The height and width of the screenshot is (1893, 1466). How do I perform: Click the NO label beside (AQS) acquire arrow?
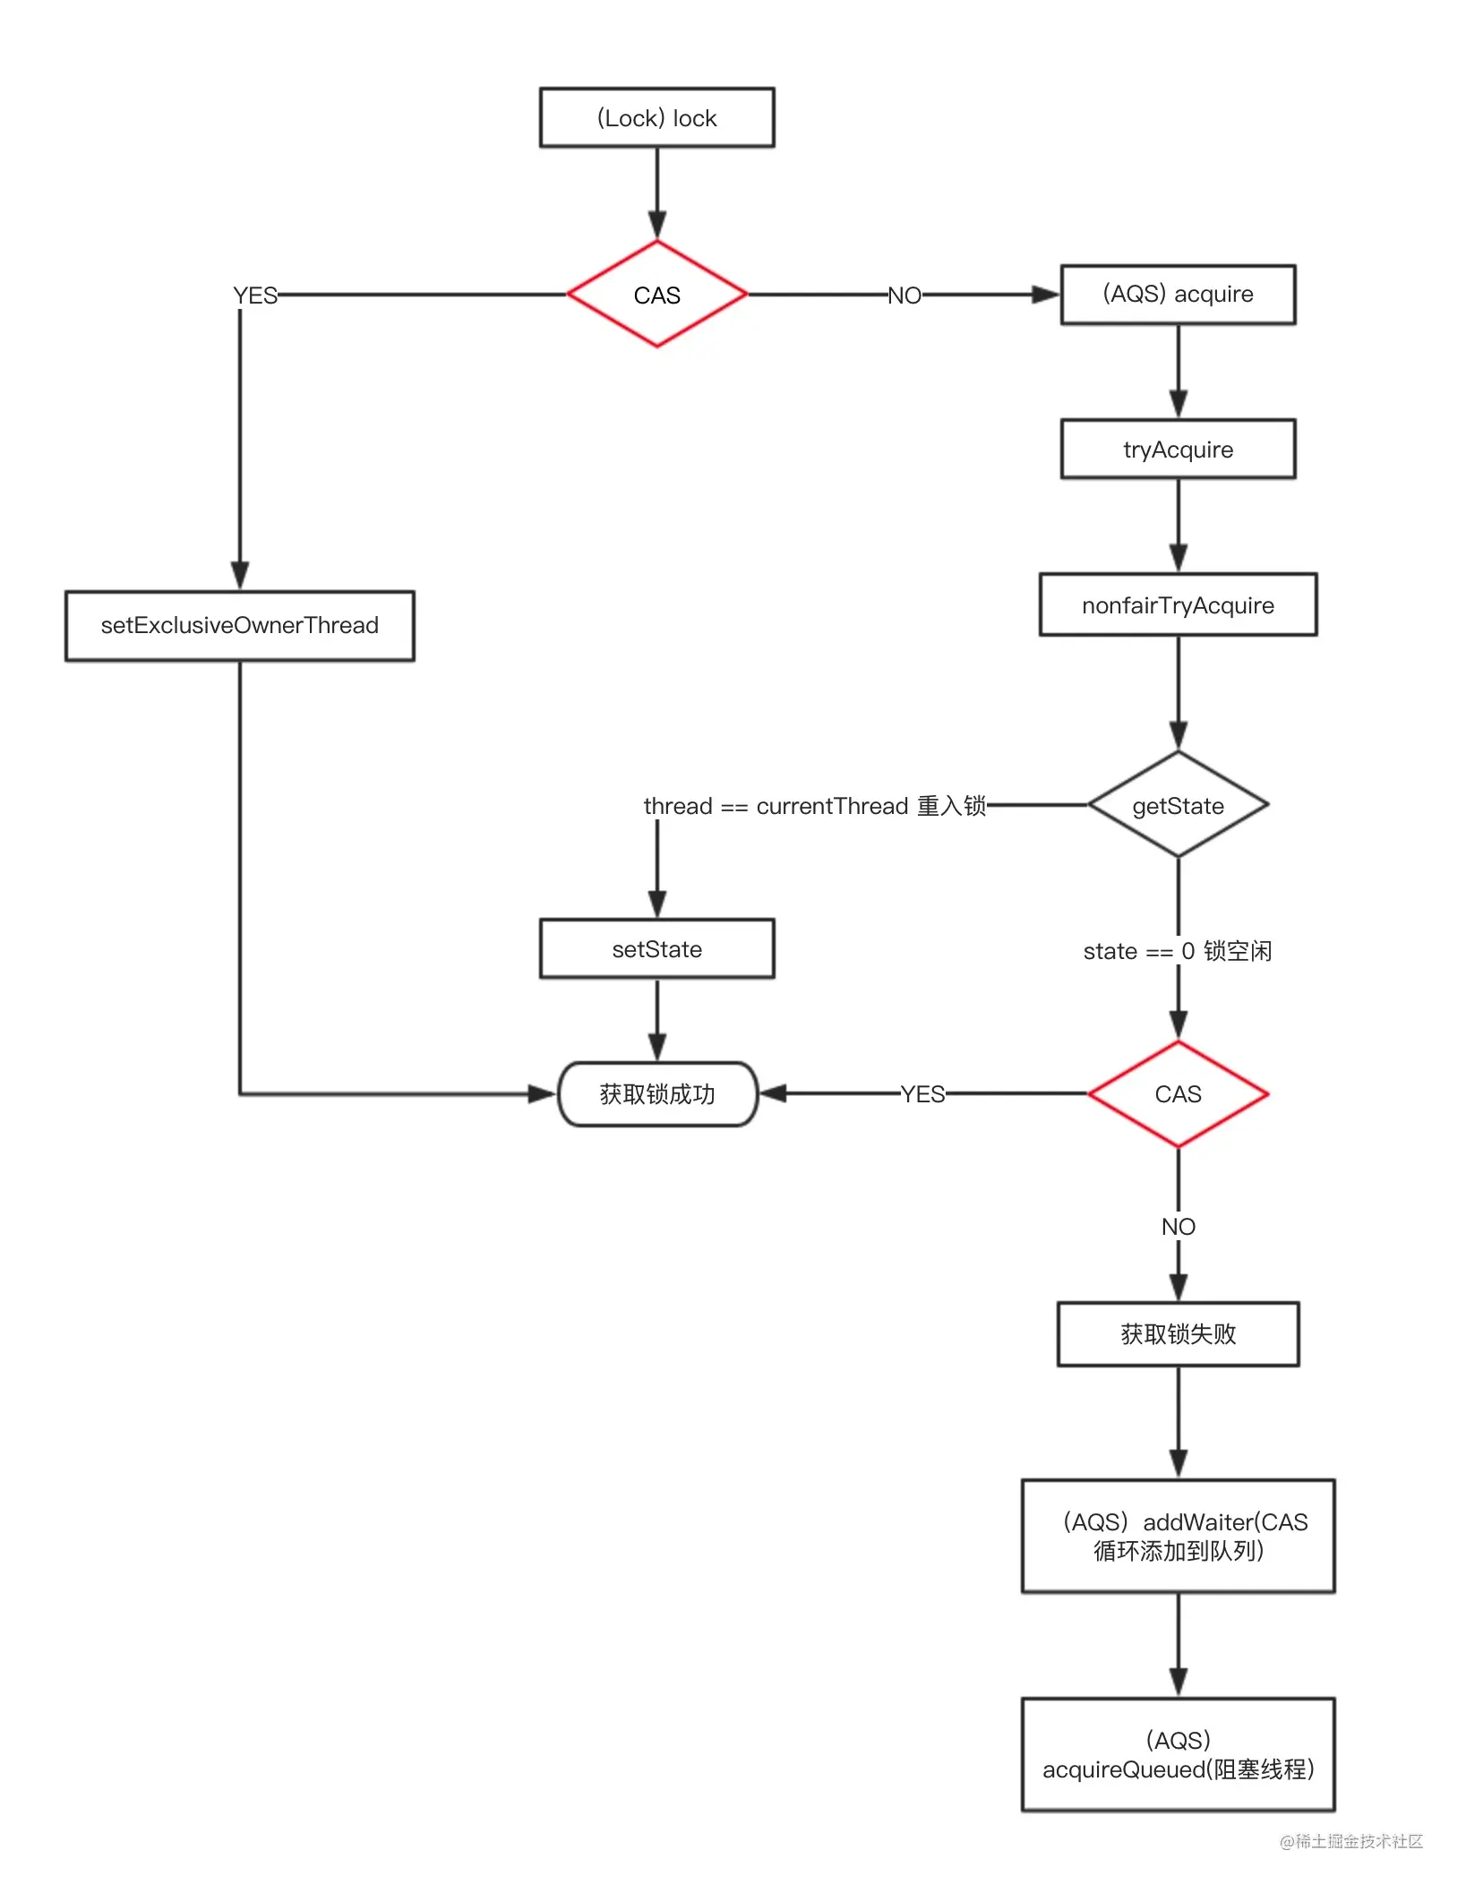coord(904,296)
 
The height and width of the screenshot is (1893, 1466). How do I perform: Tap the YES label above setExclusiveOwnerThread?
coord(255,296)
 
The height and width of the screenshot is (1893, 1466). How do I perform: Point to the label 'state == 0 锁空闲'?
coord(1178,951)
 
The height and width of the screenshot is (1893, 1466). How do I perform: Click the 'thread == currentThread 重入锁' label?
coord(815,806)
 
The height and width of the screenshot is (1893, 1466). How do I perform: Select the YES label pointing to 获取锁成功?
coord(922,1094)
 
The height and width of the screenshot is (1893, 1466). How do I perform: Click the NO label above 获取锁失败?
coord(1179,1227)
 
